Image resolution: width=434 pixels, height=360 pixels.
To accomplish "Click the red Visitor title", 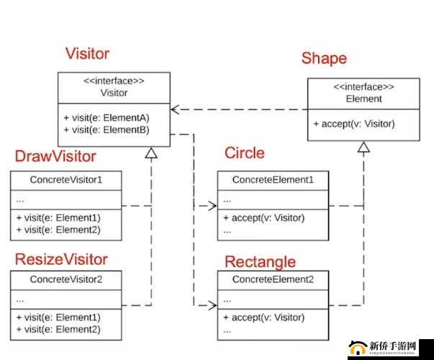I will tap(87, 53).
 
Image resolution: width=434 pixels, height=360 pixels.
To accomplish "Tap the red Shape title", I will tap(324, 58).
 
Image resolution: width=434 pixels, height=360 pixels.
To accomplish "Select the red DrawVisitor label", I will tap(55, 156).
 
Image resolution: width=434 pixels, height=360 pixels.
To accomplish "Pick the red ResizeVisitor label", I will tap(61, 259).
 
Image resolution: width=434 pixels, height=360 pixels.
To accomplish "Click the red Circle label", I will tap(245, 153).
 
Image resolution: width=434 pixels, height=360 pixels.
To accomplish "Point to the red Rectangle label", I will tap(261, 261).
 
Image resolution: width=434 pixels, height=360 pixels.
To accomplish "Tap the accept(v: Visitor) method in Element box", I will tap(354, 124).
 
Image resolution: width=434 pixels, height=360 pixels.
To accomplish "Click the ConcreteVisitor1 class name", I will tap(65, 179).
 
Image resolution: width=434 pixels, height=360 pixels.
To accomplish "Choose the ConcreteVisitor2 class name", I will tap(65, 279).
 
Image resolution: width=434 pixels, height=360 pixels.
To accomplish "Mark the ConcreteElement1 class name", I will tap(273, 179).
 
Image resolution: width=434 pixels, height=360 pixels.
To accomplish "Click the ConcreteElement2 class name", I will tap(273, 279).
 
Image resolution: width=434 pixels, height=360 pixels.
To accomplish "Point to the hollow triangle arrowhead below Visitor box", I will tap(151, 153).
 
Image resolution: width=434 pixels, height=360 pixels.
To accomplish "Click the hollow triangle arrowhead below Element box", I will tap(364, 148).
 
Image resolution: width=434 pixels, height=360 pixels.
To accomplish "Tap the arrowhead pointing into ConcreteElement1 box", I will tap(213, 206).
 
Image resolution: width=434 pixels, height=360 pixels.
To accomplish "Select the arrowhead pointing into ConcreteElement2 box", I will tap(213, 305).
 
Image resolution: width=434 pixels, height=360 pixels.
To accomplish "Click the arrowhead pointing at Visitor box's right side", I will tap(176, 109).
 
